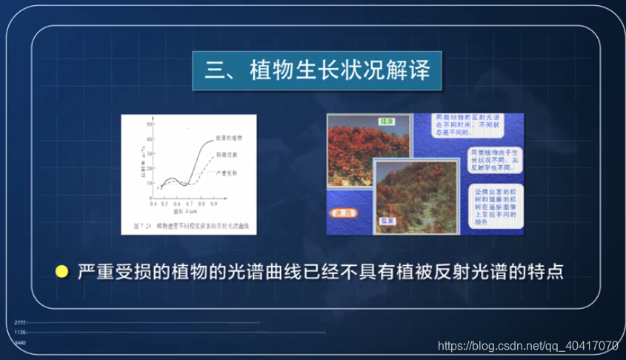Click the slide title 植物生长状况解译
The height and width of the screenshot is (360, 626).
pyautogui.click(x=317, y=72)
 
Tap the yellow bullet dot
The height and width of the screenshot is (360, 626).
pyautogui.click(x=62, y=272)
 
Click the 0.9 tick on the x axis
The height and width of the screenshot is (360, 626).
pyautogui.click(x=214, y=203)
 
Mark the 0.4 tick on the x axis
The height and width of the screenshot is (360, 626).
pyautogui.click(x=153, y=203)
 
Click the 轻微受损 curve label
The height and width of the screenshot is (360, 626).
pyautogui.click(x=226, y=154)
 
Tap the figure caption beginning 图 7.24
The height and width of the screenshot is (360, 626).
pyautogui.click(x=188, y=223)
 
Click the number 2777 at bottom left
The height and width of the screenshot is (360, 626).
pyautogui.click(x=20, y=323)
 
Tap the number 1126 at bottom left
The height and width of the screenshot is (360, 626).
pyautogui.click(x=20, y=333)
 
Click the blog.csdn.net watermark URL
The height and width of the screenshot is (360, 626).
pyautogui.click(x=527, y=345)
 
